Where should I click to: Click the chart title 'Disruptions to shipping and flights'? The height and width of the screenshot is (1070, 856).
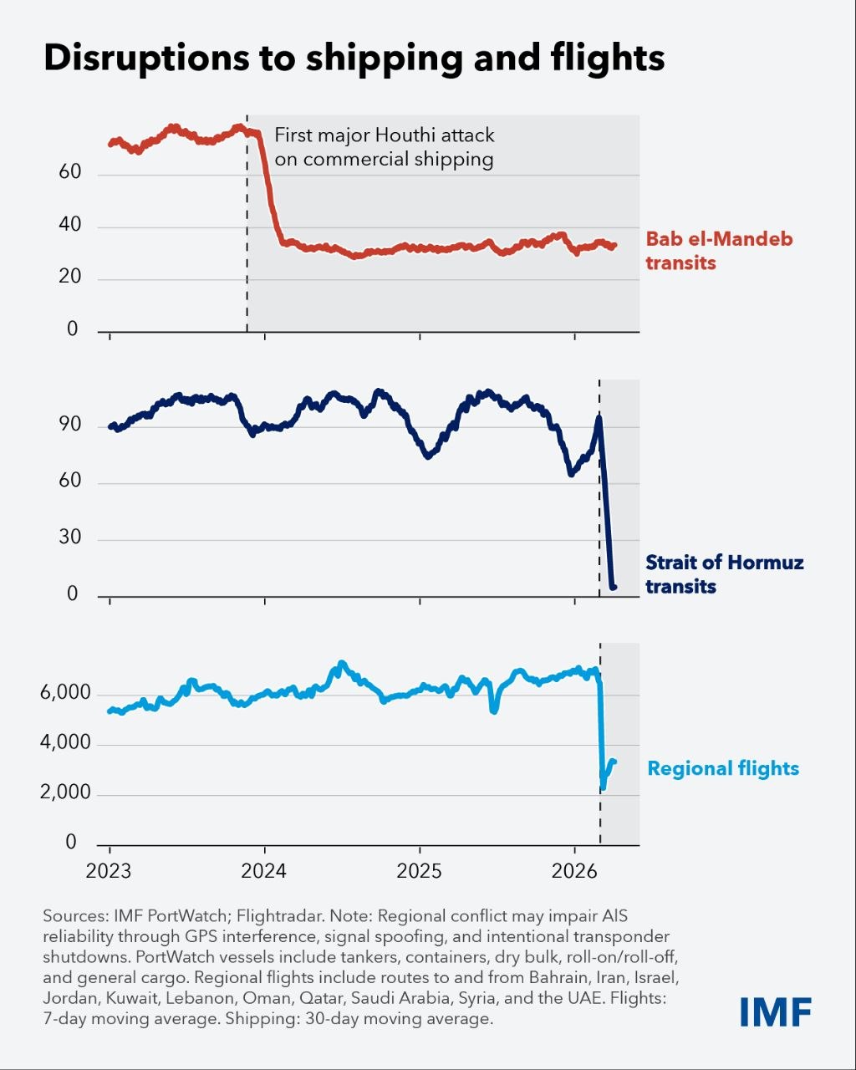click(354, 58)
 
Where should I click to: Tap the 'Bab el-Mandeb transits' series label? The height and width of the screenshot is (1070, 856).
click(719, 251)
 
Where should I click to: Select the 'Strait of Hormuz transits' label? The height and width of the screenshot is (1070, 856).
click(724, 573)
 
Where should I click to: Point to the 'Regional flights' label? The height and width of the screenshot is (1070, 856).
click(723, 768)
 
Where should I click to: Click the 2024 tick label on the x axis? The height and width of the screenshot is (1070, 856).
click(264, 871)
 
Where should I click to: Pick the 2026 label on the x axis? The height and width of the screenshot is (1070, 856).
click(574, 871)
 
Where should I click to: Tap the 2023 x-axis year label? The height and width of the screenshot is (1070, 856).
click(109, 871)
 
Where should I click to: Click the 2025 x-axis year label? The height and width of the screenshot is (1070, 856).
click(419, 871)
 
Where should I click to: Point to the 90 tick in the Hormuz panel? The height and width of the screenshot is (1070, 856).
click(70, 425)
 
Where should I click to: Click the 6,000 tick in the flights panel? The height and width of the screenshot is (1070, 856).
click(64, 694)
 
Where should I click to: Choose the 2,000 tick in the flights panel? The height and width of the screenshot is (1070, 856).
click(64, 792)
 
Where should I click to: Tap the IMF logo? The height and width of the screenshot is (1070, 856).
click(775, 1011)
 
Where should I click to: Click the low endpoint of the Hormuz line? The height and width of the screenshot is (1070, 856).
click(614, 587)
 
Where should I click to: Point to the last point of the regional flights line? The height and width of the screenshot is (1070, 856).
click(614, 762)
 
